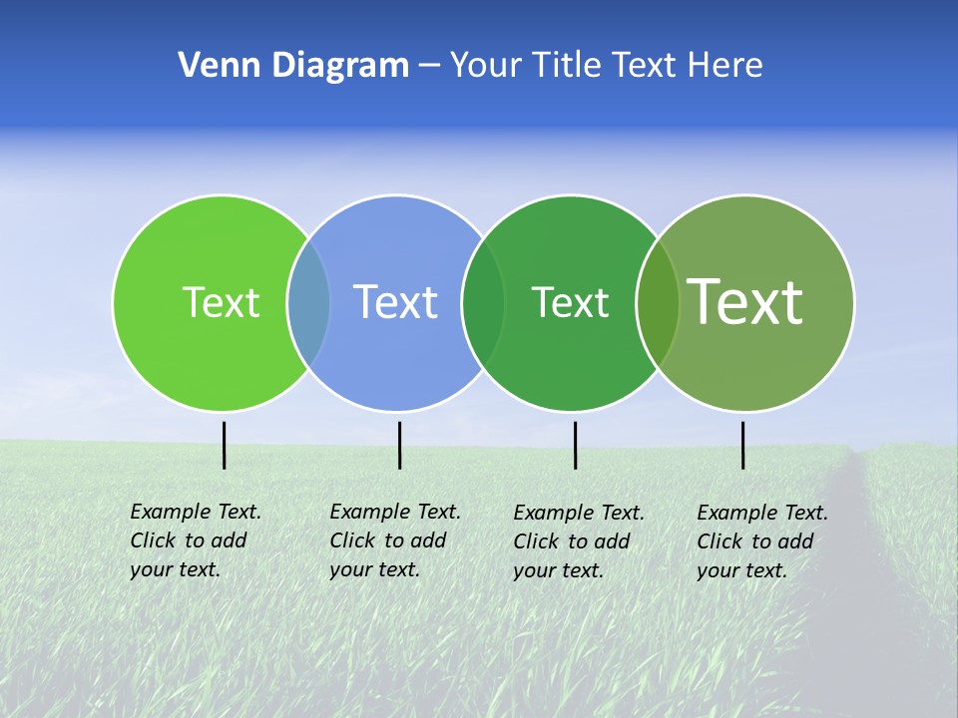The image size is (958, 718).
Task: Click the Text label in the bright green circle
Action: [221, 302]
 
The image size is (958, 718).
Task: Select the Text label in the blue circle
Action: [395, 302]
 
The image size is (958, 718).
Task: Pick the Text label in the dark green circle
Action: [570, 302]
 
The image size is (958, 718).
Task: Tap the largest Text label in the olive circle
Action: [745, 302]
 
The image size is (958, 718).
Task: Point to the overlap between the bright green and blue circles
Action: [308, 302]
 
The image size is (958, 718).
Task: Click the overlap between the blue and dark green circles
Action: [483, 302]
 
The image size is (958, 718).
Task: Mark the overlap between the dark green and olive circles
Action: [658, 302]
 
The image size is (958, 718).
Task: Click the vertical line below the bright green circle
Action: [225, 445]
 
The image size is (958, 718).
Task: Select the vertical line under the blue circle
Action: [399, 445]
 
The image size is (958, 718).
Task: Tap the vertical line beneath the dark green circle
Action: [575, 445]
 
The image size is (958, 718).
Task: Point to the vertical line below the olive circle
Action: [742, 445]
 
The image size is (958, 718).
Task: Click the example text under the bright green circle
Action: [195, 540]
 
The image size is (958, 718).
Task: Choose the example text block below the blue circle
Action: [394, 540]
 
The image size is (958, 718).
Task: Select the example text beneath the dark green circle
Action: [578, 541]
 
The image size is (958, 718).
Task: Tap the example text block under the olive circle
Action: [761, 541]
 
